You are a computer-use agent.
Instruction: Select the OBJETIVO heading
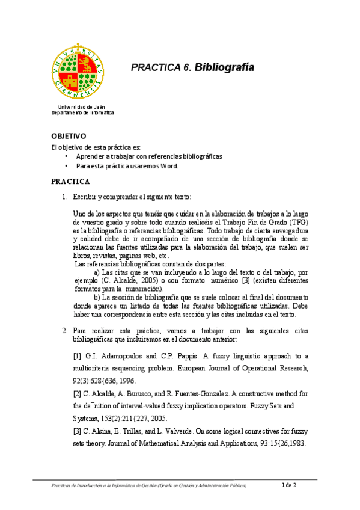click(x=69, y=137)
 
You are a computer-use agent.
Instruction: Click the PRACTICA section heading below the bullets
click(x=70, y=181)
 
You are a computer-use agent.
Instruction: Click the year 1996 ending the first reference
click(x=126, y=381)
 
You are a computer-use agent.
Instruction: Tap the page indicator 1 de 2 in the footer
click(x=291, y=485)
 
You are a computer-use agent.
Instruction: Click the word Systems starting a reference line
click(x=85, y=418)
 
